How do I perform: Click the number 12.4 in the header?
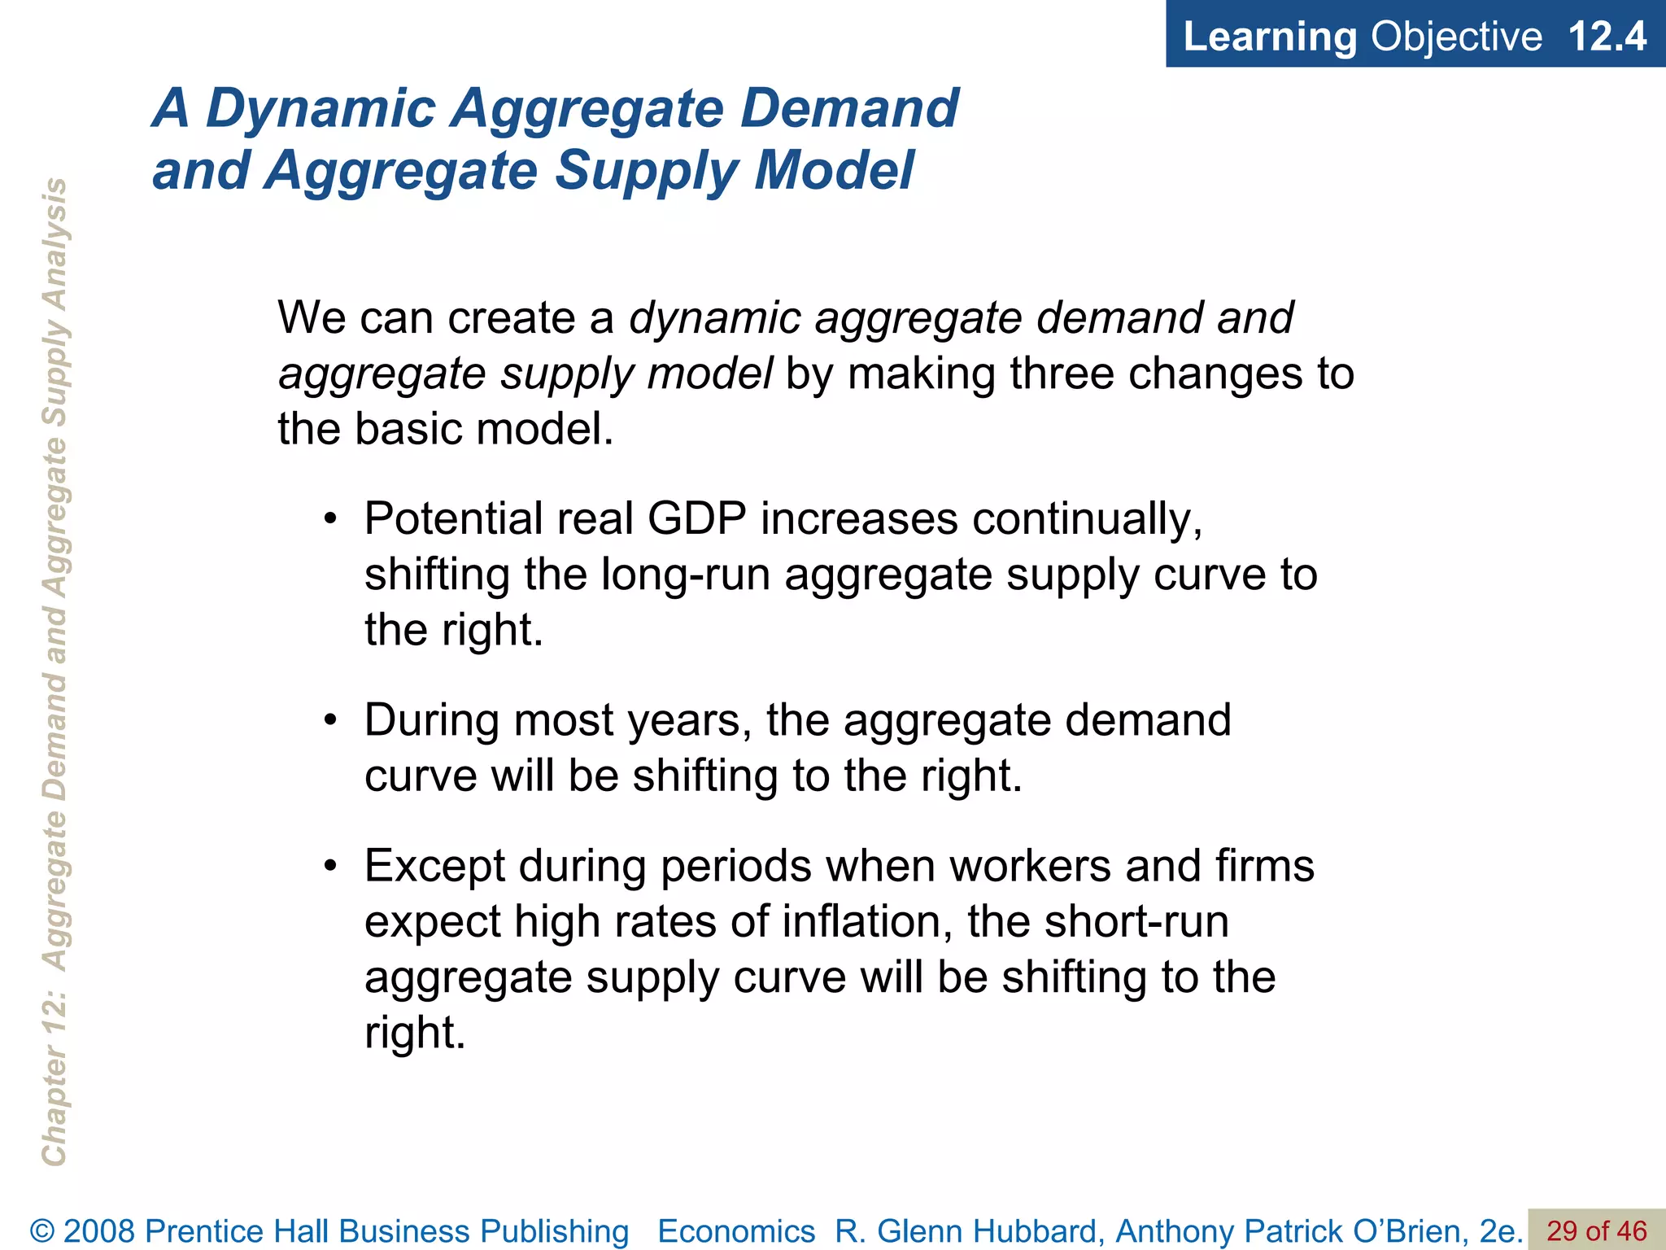[x=1607, y=37]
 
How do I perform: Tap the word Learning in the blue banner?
[x=1269, y=37]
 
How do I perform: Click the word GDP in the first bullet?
[x=696, y=518]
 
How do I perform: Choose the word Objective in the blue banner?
[x=1456, y=37]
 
